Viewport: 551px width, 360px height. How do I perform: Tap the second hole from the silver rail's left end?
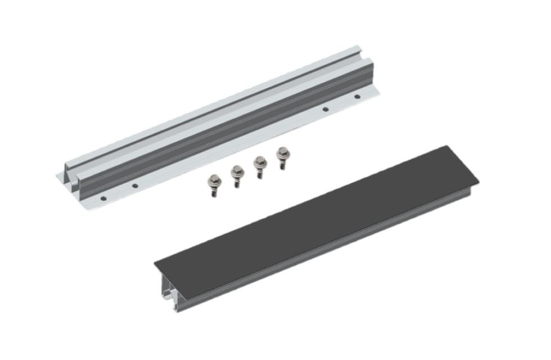(134, 185)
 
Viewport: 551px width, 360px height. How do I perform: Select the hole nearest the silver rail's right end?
(356, 97)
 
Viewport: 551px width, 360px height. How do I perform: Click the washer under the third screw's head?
(259, 166)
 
